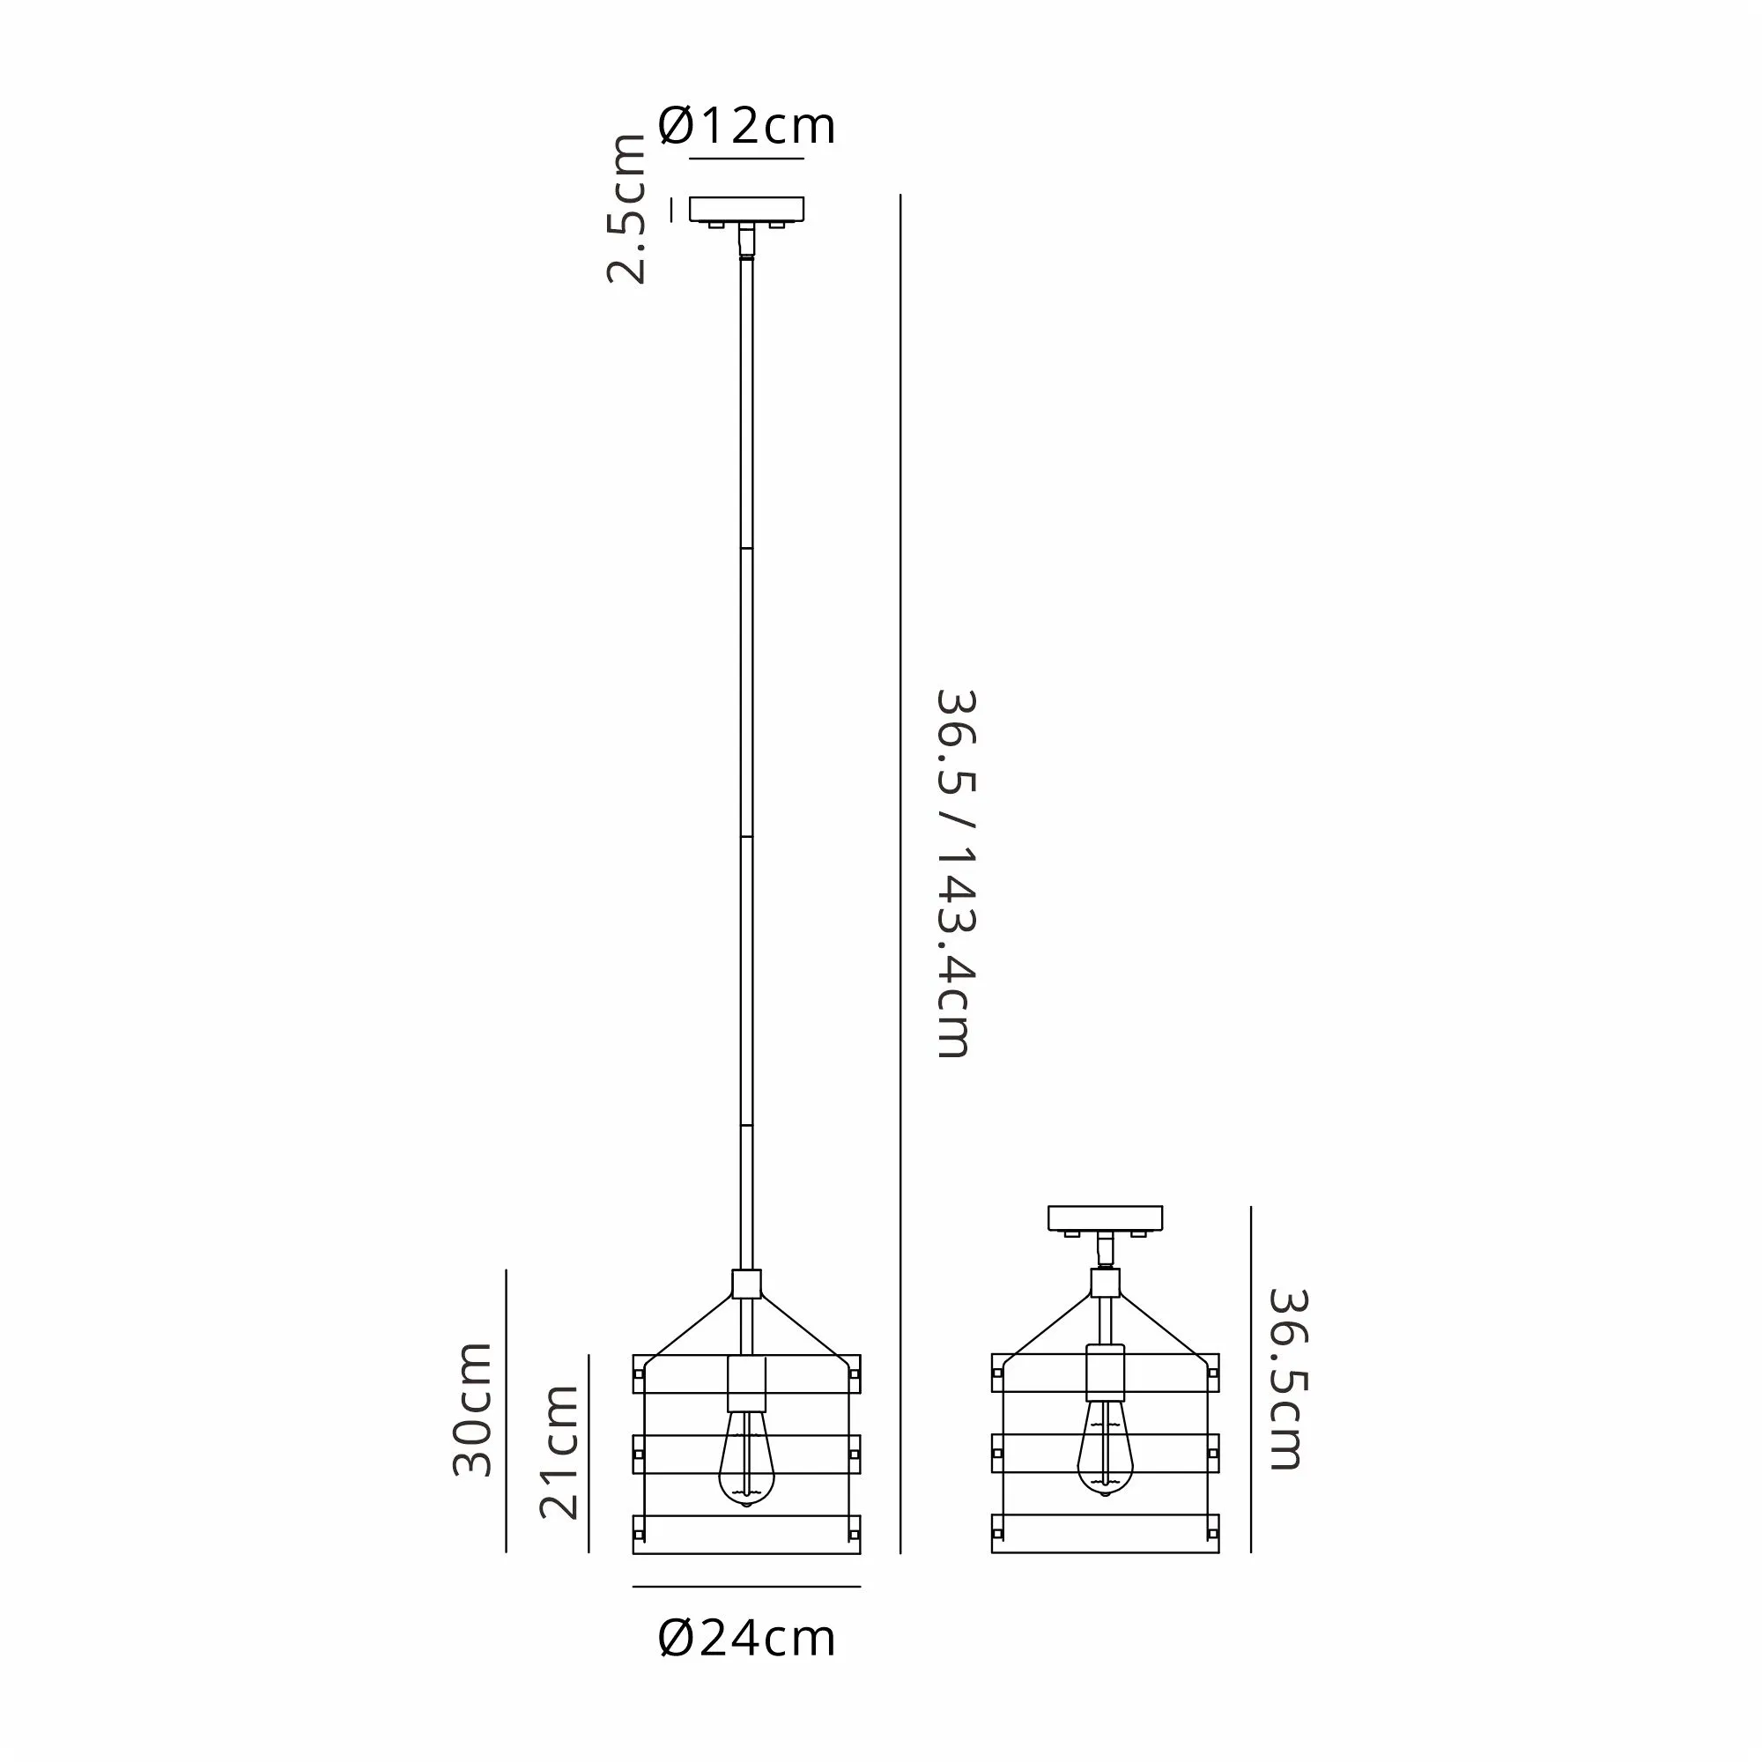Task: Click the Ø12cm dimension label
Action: pyautogui.click(x=745, y=126)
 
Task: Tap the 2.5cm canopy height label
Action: pyautogui.click(x=626, y=209)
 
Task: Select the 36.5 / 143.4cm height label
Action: pyautogui.click(x=956, y=874)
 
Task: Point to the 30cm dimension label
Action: pyautogui.click(x=472, y=1409)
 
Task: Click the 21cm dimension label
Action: pyautogui.click(x=559, y=1452)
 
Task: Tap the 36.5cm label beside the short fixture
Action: pyautogui.click(x=1288, y=1379)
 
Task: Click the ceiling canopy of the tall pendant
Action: pyautogui.click(x=746, y=209)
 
